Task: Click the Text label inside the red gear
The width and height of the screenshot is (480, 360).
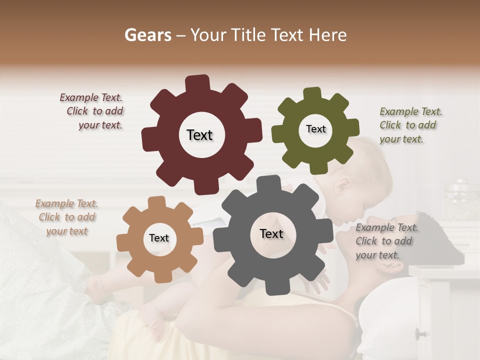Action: coord(199,135)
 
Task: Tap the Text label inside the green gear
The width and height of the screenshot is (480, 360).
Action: coord(315,129)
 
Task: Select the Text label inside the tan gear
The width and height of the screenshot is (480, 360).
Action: coord(159,238)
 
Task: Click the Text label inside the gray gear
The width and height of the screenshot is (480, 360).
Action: coord(271,234)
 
